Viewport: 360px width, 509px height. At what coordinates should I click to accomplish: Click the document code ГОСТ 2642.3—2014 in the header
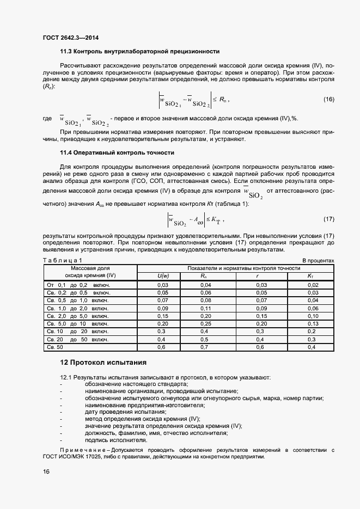click(71, 38)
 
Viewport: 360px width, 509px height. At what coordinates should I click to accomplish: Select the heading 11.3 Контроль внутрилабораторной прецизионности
click(139, 51)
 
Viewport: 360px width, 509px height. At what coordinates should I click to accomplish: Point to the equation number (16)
click(328, 99)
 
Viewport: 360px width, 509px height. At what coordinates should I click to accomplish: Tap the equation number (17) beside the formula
click(328, 219)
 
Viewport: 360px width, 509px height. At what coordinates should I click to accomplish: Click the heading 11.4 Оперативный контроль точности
click(117, 152)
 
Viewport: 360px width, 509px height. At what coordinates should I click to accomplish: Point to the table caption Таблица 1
click(62, 261)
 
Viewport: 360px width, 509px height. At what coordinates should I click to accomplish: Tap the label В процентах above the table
click(318, 261)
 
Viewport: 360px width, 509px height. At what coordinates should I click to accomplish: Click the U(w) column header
click(162, 277)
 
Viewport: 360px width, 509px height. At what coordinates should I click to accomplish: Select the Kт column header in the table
click(310, 277)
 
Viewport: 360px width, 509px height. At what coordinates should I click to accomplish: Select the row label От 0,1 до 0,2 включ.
click(78, 285)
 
